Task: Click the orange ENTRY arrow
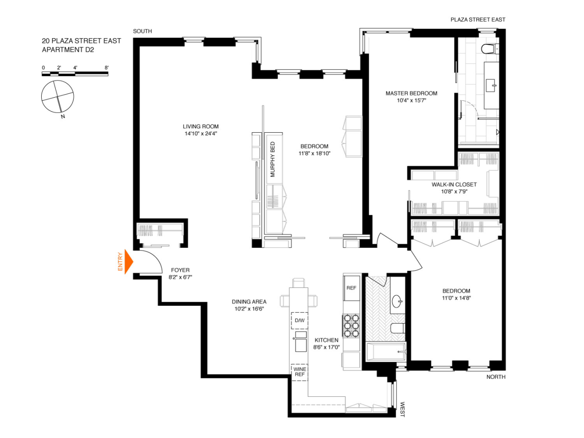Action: pos(128,261)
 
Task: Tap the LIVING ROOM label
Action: pos(201,127)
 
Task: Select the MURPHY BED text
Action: pos(273,159)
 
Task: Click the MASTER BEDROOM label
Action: pos(411,93)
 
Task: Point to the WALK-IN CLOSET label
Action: pos(454,184)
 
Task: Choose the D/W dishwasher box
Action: pos(299,321)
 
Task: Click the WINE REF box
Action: pos(299,372)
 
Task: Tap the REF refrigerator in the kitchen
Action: pos(351,288)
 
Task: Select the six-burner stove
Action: pos(351,326)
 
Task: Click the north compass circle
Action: pos(57,97)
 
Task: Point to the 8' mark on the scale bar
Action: pos(107,68)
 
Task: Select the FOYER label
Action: pos(180,270)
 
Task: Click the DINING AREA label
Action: pos(249,302)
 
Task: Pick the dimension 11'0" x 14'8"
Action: pos(456,298)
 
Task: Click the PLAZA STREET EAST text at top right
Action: pos(478,20)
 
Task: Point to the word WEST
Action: pos(402,410)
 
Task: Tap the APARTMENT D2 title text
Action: pos(68,50)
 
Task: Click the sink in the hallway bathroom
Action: pos(397,301)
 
